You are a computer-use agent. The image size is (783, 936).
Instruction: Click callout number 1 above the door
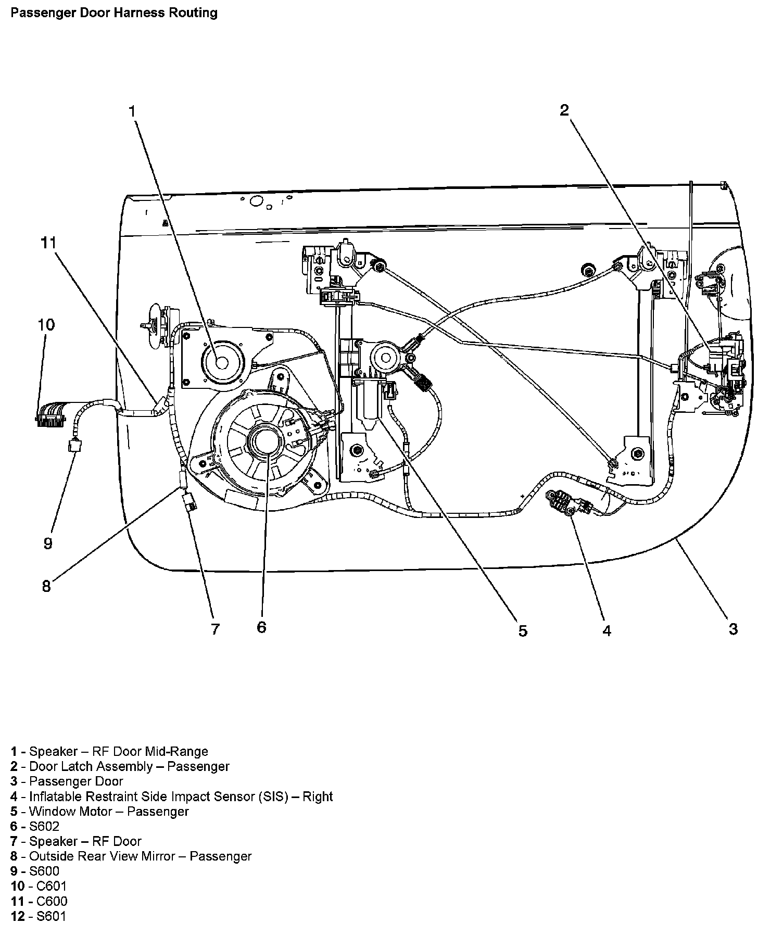[x=132, y=111]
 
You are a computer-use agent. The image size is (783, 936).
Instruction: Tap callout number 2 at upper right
[x=564, y=110]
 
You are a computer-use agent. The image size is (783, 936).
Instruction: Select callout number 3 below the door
[x=733, y=629]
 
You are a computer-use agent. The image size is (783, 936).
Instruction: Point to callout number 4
[x=607, y=630]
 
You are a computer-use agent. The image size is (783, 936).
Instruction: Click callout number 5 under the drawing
[x=523, y=631]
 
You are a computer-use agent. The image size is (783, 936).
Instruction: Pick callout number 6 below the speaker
[x=261, y=627]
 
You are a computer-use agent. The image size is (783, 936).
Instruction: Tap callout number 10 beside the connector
[x=46, y=325]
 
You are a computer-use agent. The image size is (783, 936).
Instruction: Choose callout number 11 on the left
[x=49, y=243]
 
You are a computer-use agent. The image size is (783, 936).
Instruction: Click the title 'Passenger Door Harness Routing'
[x=114, y=12]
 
